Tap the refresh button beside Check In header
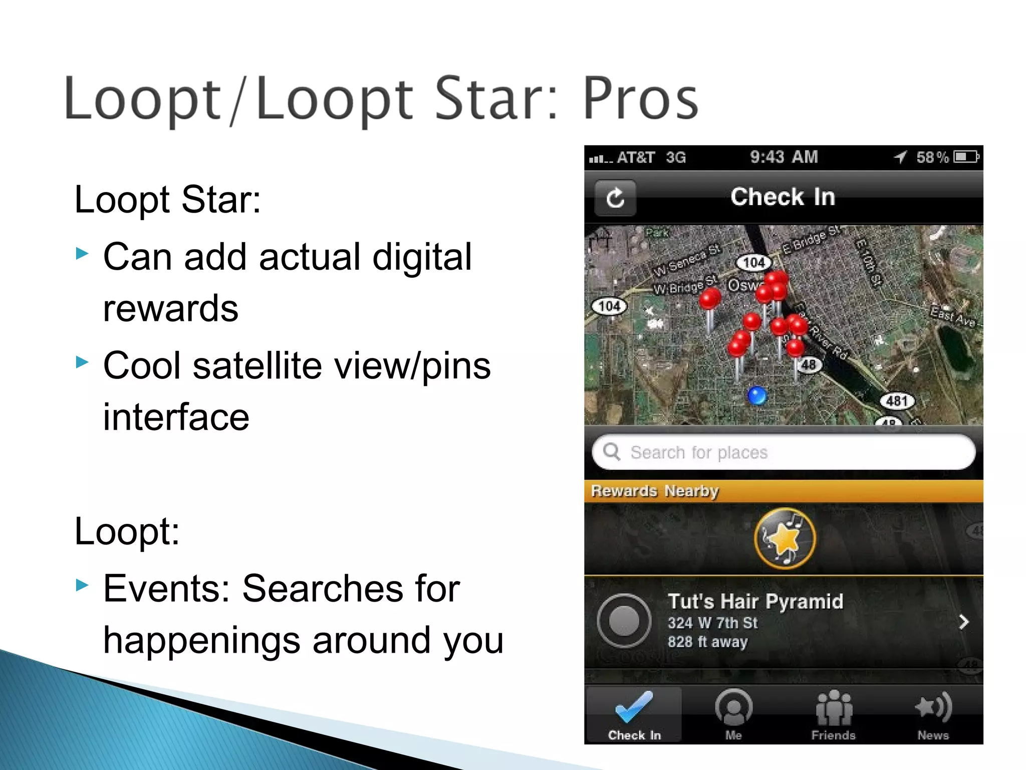(x=615, y=198)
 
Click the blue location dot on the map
(x=756, y=396)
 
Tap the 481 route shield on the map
(x=897, y=401)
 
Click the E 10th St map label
(x=868, y=262)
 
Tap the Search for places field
(x=784, y=452)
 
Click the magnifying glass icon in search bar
(x=612, y=452)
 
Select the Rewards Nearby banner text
(x=655, y=491)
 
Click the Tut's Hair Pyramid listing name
(x=755, y=601)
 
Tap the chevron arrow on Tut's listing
(x=963, y=622)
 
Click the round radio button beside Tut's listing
(x=624, y=621)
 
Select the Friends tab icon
(x=834, y=708)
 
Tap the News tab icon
(x=933, y=707)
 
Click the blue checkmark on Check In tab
(x=634, y=706)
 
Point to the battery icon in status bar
(x=966, y=157)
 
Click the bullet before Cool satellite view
(x=82, y=362)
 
